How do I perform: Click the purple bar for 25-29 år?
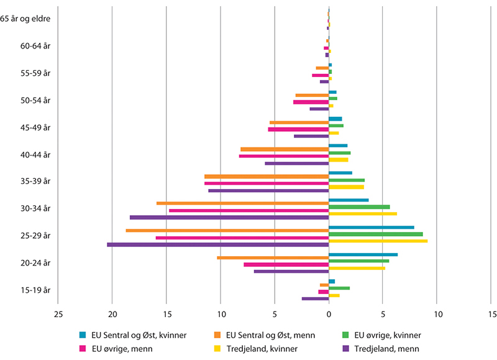[x=217, y=244]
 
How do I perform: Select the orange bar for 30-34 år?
[x=242, y=203]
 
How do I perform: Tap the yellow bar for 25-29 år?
[x=378, y=241]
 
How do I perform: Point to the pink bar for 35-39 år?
[x=267, y=183]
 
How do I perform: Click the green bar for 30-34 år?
[x=359, y=207]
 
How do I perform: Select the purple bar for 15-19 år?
[x=315, y=298]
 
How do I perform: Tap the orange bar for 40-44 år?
[x=285, y=149]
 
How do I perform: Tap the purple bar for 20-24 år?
[x=291, y=271]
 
